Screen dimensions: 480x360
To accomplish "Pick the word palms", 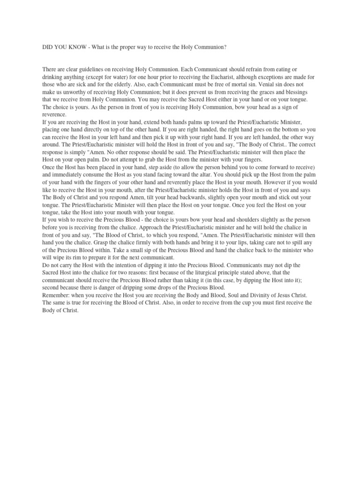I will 194,122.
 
